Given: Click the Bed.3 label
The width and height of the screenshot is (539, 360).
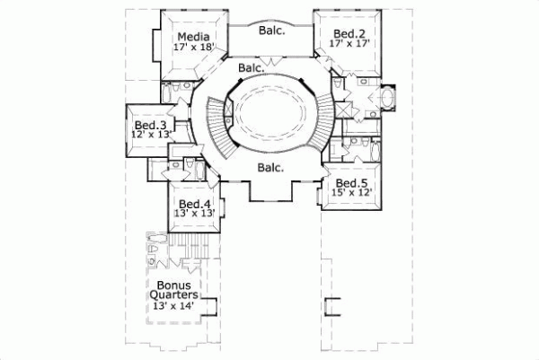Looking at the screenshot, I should (149, 125).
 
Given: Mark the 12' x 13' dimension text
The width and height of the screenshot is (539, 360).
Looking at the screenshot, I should (149, 136).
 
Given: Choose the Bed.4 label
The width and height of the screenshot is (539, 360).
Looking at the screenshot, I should (194, 204).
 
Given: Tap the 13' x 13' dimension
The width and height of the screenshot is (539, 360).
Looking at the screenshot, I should (194, 215).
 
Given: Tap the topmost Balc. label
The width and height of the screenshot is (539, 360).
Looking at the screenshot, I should (272, 31).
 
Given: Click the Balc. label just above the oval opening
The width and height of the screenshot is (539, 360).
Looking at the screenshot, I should (252, 68).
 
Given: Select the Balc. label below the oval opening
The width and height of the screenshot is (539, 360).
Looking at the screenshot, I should (269, 168).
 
